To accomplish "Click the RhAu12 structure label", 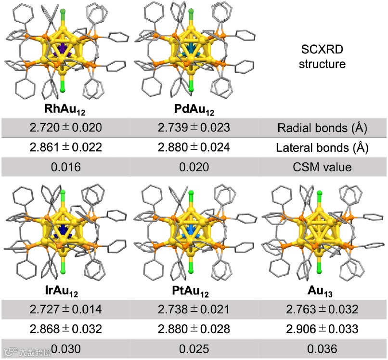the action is tap(64, 109).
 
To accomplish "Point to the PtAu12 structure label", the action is tap(191, 291).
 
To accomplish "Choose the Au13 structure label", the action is tap(322, 291).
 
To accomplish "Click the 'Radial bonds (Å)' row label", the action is tap(322, 128).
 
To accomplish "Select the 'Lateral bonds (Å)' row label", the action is tap(322, 147).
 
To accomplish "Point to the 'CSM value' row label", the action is tap(322, 167).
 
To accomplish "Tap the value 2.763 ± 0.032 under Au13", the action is tap(322, 309).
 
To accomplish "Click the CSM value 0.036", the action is tap(322, 348).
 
